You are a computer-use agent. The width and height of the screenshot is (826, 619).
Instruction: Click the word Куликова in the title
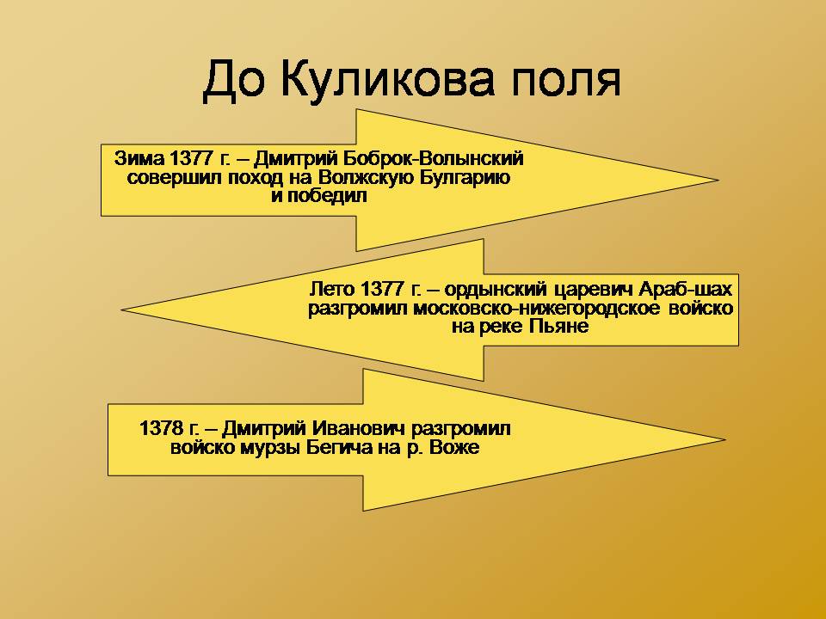(386, 80)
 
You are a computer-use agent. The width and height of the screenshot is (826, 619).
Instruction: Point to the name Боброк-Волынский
(434, 158)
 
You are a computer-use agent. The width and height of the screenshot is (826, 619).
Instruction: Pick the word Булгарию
(465, 178)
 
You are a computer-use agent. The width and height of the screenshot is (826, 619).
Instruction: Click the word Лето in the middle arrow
(333, 289)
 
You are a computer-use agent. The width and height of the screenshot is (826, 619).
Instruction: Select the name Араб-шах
(686, 289)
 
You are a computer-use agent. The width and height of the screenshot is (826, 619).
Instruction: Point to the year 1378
(161, 428)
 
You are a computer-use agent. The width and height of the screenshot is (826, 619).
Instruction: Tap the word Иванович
(359, 428)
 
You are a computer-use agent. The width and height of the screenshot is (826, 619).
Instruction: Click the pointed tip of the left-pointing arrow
(122, 310)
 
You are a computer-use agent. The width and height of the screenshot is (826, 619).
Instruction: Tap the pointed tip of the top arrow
(718, 180)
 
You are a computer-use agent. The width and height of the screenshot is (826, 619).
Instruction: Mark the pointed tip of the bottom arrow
(725, 439)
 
